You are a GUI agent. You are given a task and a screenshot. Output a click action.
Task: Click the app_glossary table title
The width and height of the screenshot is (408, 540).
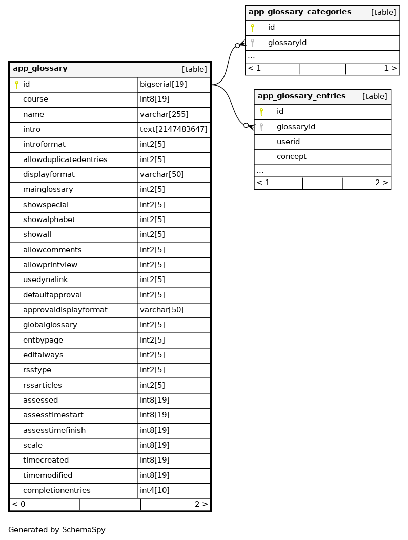point(40,69)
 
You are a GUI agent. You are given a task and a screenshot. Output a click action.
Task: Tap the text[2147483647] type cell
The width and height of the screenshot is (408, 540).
point(173,129)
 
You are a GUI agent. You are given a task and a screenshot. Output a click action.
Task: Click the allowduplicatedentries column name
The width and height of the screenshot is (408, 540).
point(65,159)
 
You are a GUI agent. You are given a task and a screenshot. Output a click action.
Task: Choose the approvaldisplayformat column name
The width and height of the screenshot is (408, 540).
point(65,310)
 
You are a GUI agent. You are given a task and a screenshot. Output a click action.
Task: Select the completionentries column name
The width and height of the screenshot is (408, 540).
point(57,491)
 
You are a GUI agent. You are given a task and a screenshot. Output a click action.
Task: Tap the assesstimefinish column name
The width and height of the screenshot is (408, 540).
point(54,430)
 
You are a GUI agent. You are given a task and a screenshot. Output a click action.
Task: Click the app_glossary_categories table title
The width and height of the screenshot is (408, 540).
point(300,12)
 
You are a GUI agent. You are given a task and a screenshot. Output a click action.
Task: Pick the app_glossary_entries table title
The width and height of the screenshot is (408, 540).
point(301,96)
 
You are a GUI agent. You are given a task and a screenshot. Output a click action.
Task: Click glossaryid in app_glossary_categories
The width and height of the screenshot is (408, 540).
point(287,43)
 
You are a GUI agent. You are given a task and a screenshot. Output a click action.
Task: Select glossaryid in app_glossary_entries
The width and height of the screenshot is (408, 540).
point(296,127)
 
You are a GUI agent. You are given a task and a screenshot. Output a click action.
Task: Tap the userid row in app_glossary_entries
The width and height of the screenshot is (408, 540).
point(288,142)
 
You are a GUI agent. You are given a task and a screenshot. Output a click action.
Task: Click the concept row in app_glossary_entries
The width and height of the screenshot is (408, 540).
point(291,156)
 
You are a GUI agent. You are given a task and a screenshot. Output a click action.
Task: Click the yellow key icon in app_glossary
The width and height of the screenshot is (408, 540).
point(16,85)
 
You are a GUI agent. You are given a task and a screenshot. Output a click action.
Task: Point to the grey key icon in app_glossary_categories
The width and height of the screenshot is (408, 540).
point(252,43)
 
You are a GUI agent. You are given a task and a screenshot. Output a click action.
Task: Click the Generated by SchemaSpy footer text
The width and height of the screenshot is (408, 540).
point(57,530)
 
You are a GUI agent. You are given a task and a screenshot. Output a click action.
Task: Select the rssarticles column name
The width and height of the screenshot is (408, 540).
point(43,385)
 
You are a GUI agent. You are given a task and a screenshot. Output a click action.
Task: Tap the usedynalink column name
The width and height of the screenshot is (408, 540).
point(46,279)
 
